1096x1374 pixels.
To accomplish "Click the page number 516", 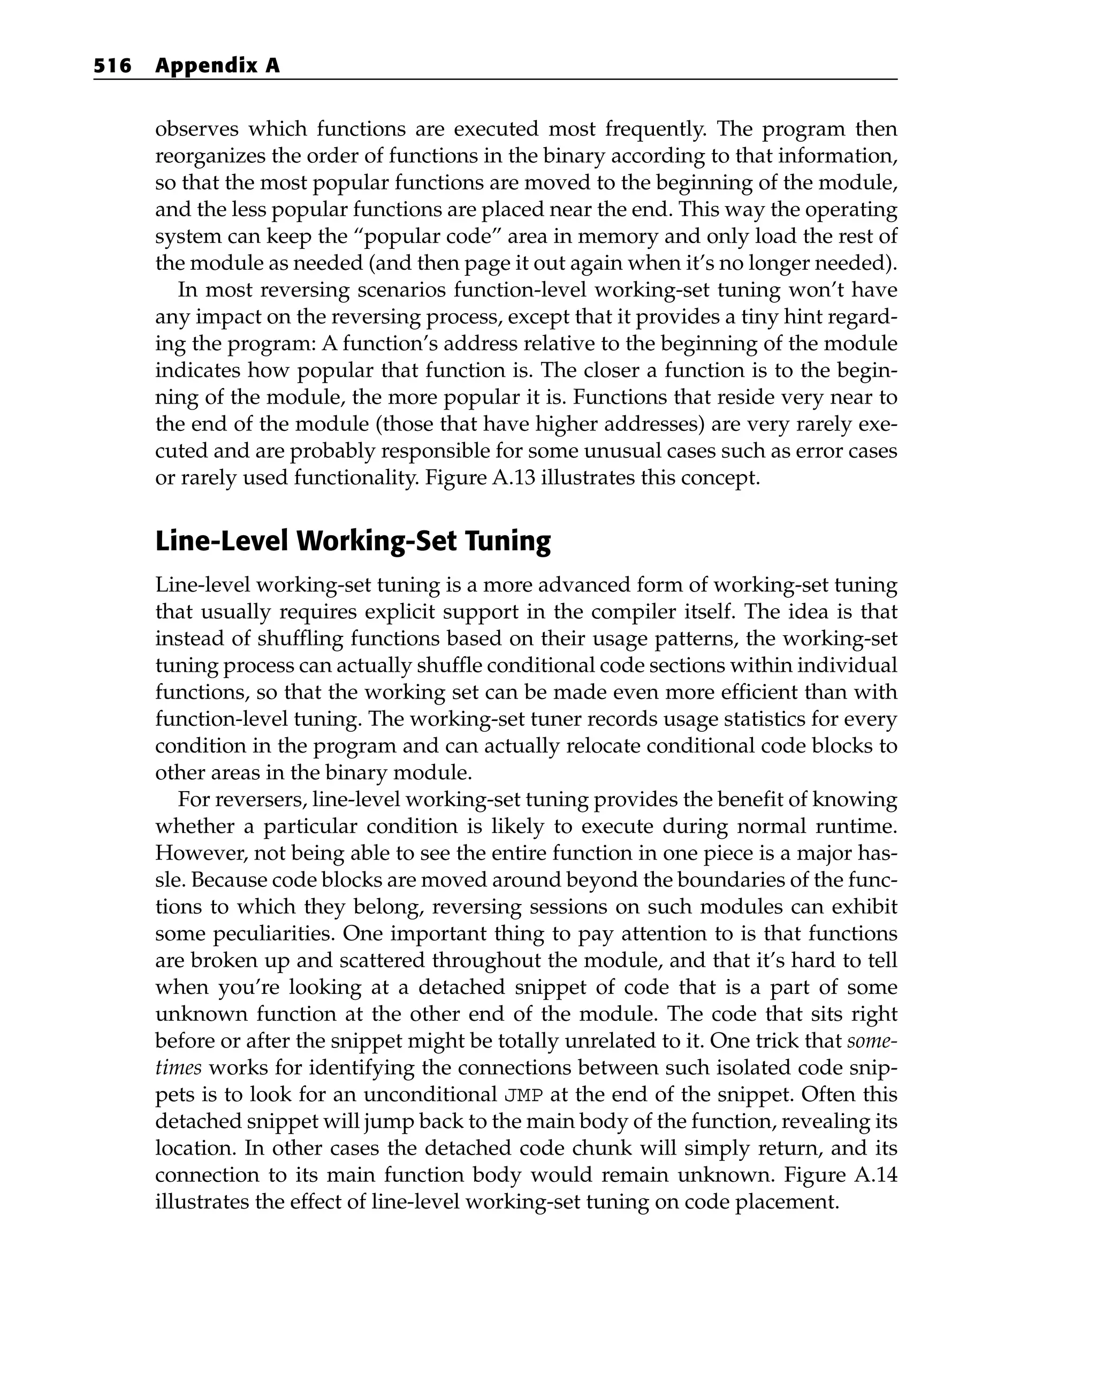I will [112, 66].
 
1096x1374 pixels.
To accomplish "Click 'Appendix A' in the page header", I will [217, 66].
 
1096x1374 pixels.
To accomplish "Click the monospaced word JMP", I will [524, 1096].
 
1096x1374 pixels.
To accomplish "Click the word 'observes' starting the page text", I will [196, 130].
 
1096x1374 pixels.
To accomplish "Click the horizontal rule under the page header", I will [495, 80].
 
